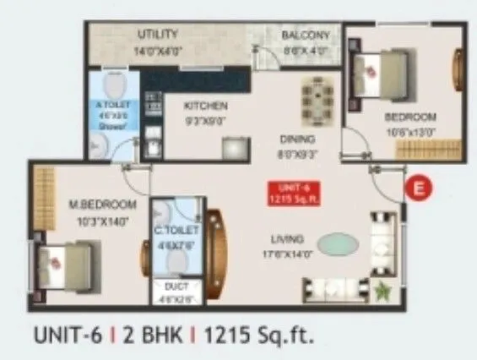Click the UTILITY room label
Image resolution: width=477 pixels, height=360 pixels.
pyautogui.click(x=158, y=35)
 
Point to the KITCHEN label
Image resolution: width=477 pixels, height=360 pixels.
pyautogui.click(x=207, y=106)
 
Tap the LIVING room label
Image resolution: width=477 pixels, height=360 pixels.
pyautogui.click(x=287, y=239)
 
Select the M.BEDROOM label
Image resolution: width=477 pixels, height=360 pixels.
pyautogui.click(x=105, y=205)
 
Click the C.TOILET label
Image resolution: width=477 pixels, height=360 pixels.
pyautogui.click(x=178, y=229)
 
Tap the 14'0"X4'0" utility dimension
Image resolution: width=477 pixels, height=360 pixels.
pyautogui.click(x=158, y=50)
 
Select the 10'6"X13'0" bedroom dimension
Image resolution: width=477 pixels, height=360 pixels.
pyautogui.click(x=410, y=131)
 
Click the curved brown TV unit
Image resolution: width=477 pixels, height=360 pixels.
pyautogui.click(x=214, y=246)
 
